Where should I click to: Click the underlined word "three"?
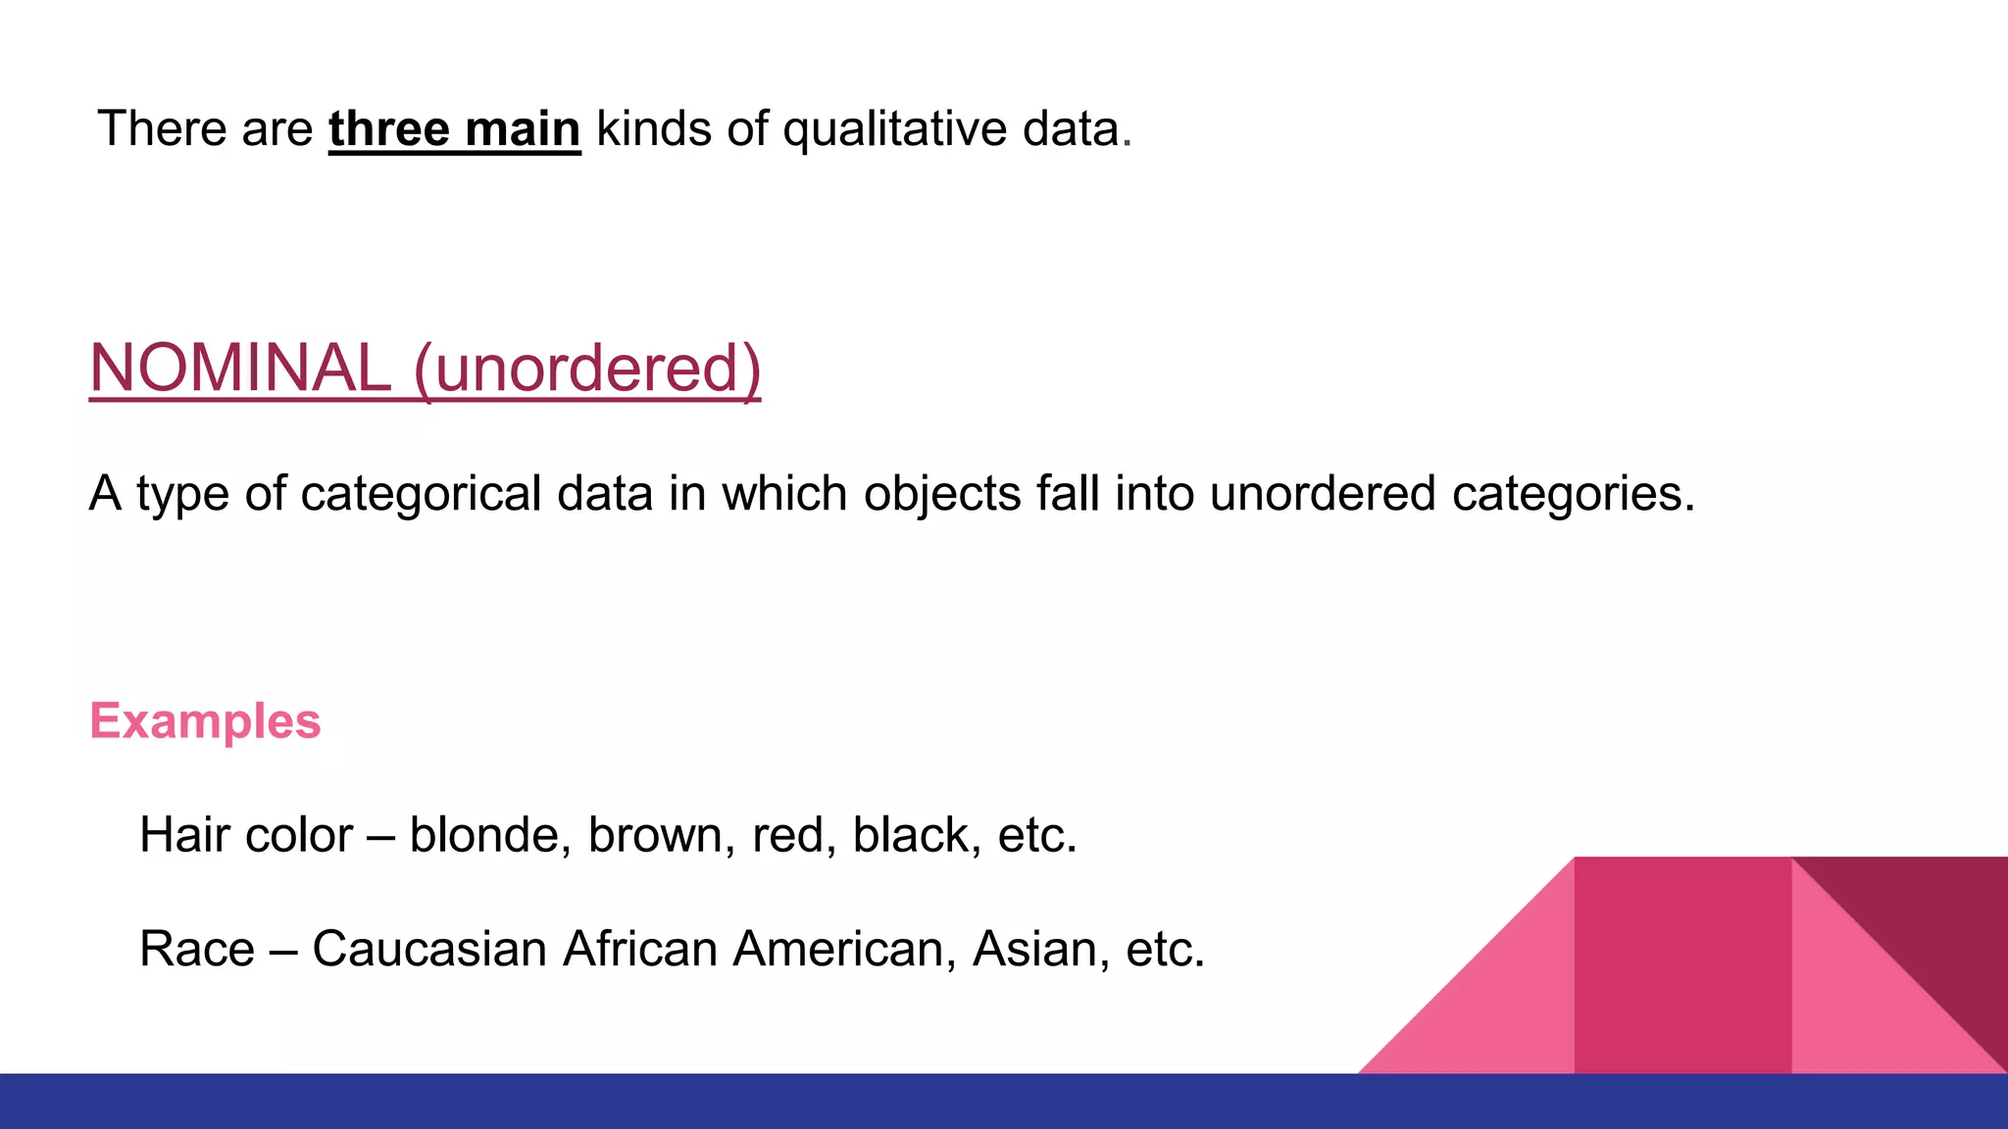[x=388, y=129]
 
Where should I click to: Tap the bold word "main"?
[x=523, y=129]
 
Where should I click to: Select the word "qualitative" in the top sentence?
[x=894, y=129]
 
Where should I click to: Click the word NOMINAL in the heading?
[x=240, y=368]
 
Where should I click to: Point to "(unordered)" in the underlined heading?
[x=587, y=368]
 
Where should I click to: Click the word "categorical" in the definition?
[x=421, y=493]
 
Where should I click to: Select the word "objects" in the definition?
[x=942, y=493]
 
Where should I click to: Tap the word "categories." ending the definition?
[x=1574, y=493]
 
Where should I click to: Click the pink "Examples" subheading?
[x=205, y=721]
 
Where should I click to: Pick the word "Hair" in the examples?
[x=183, y=835]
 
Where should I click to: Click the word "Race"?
[x=197, y=949]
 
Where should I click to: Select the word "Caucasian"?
[x=429, y=949]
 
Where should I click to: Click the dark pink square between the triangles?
[x=1682, y=965]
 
